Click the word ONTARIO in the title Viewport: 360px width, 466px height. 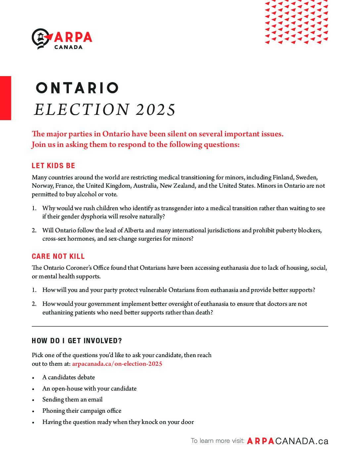pos(77,88)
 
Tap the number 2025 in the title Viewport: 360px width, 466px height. pos(156,110)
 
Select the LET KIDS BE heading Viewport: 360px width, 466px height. pos(53,166)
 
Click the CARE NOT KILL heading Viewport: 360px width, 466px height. pos(58,256)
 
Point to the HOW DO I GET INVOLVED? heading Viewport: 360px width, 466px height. pos(77,341)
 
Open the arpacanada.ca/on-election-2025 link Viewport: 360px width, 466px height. pos(117,364)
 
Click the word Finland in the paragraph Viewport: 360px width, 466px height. pos(283,177)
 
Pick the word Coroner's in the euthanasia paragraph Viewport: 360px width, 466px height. pos(81,268)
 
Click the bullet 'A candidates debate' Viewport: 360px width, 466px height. pos(68,377)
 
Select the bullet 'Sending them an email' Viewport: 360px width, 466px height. pos(72,399)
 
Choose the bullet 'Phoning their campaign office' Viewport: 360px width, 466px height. pos(82,411)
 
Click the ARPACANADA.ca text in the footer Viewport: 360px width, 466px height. pos(288,441)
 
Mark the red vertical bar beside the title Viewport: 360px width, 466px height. pos(5,98)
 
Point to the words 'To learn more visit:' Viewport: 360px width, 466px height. pos(217,441)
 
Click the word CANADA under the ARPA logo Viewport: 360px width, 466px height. pos(68,47)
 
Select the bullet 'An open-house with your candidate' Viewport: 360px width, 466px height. pos(89,389)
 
